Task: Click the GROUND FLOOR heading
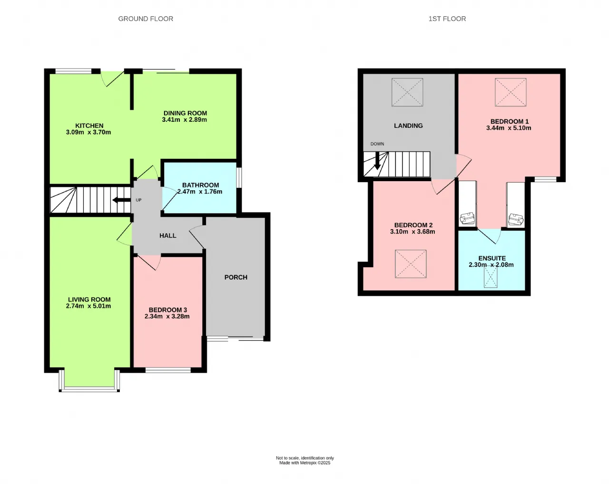[146, 19]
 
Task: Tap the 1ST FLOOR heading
[447, 19]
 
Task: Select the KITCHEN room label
[89, 126]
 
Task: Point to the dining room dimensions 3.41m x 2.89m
[184, 120]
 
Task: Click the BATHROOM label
[200, 185]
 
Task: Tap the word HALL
[168, 235]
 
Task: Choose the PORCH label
[236, 277]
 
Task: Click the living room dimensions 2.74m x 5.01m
[88, 306]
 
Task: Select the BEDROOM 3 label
[168, 310]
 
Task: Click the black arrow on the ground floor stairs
[121, 200]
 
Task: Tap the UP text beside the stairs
[138, 200]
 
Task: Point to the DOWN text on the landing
[377, 144]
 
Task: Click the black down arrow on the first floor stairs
[377, 161]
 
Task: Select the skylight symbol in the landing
[407, 92]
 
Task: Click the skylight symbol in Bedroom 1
[511, 92]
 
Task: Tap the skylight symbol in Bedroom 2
[411, 264]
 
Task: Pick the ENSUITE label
[492, 258]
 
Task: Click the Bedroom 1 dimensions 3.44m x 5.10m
[509, 128]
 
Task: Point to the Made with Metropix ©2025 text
[305, 463]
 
